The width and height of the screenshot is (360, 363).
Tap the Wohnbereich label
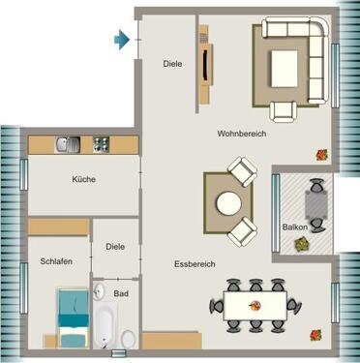[x=241, y=134]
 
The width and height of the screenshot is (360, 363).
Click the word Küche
[x=84, y=179]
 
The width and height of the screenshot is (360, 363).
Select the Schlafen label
[x=57, y=261]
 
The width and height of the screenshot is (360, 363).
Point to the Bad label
[x=121, y=291]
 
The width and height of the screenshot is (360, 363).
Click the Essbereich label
[x=195, y=263]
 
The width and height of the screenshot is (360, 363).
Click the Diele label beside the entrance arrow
[x=172, y=64]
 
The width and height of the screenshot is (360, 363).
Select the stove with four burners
[x=101, y=144]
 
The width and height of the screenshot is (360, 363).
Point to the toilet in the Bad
[x=128, y=337]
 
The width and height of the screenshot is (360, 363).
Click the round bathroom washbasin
[x=98, y=291]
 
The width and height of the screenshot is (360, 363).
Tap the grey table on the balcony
[x=316, y=204]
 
